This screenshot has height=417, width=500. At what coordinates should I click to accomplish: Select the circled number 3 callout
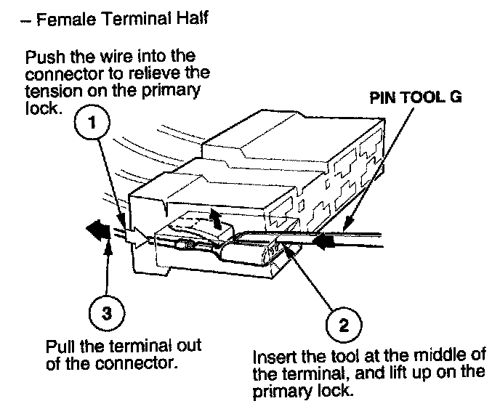point(107,313)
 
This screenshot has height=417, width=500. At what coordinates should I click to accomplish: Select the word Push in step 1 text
point(40,57)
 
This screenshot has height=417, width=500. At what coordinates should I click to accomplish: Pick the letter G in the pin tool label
point(456,97)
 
